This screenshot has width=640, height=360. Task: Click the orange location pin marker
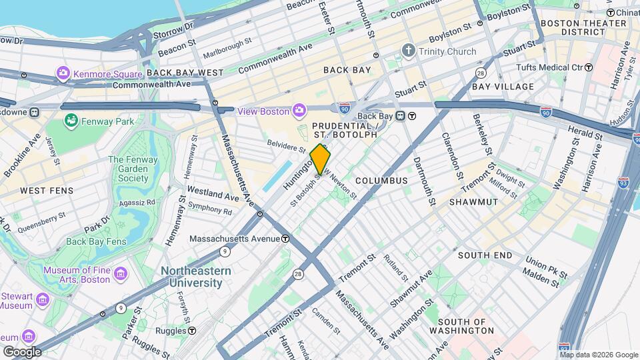(321, 160)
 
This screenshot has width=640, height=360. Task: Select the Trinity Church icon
(408, 51)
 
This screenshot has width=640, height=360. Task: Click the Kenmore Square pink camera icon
(63, 73)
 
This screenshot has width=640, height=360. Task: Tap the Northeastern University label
(195, 277)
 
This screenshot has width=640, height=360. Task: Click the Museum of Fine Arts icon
(120, 275)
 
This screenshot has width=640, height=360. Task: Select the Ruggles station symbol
(192, 330)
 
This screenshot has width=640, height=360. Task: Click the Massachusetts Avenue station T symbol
(285, 239)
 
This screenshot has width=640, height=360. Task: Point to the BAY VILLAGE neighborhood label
(503, 87)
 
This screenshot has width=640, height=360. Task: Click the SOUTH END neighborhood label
(485, 255)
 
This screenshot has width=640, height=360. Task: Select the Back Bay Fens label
(96, 241)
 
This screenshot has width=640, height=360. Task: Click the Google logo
(21, 351)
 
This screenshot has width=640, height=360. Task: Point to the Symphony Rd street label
(209, 211)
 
